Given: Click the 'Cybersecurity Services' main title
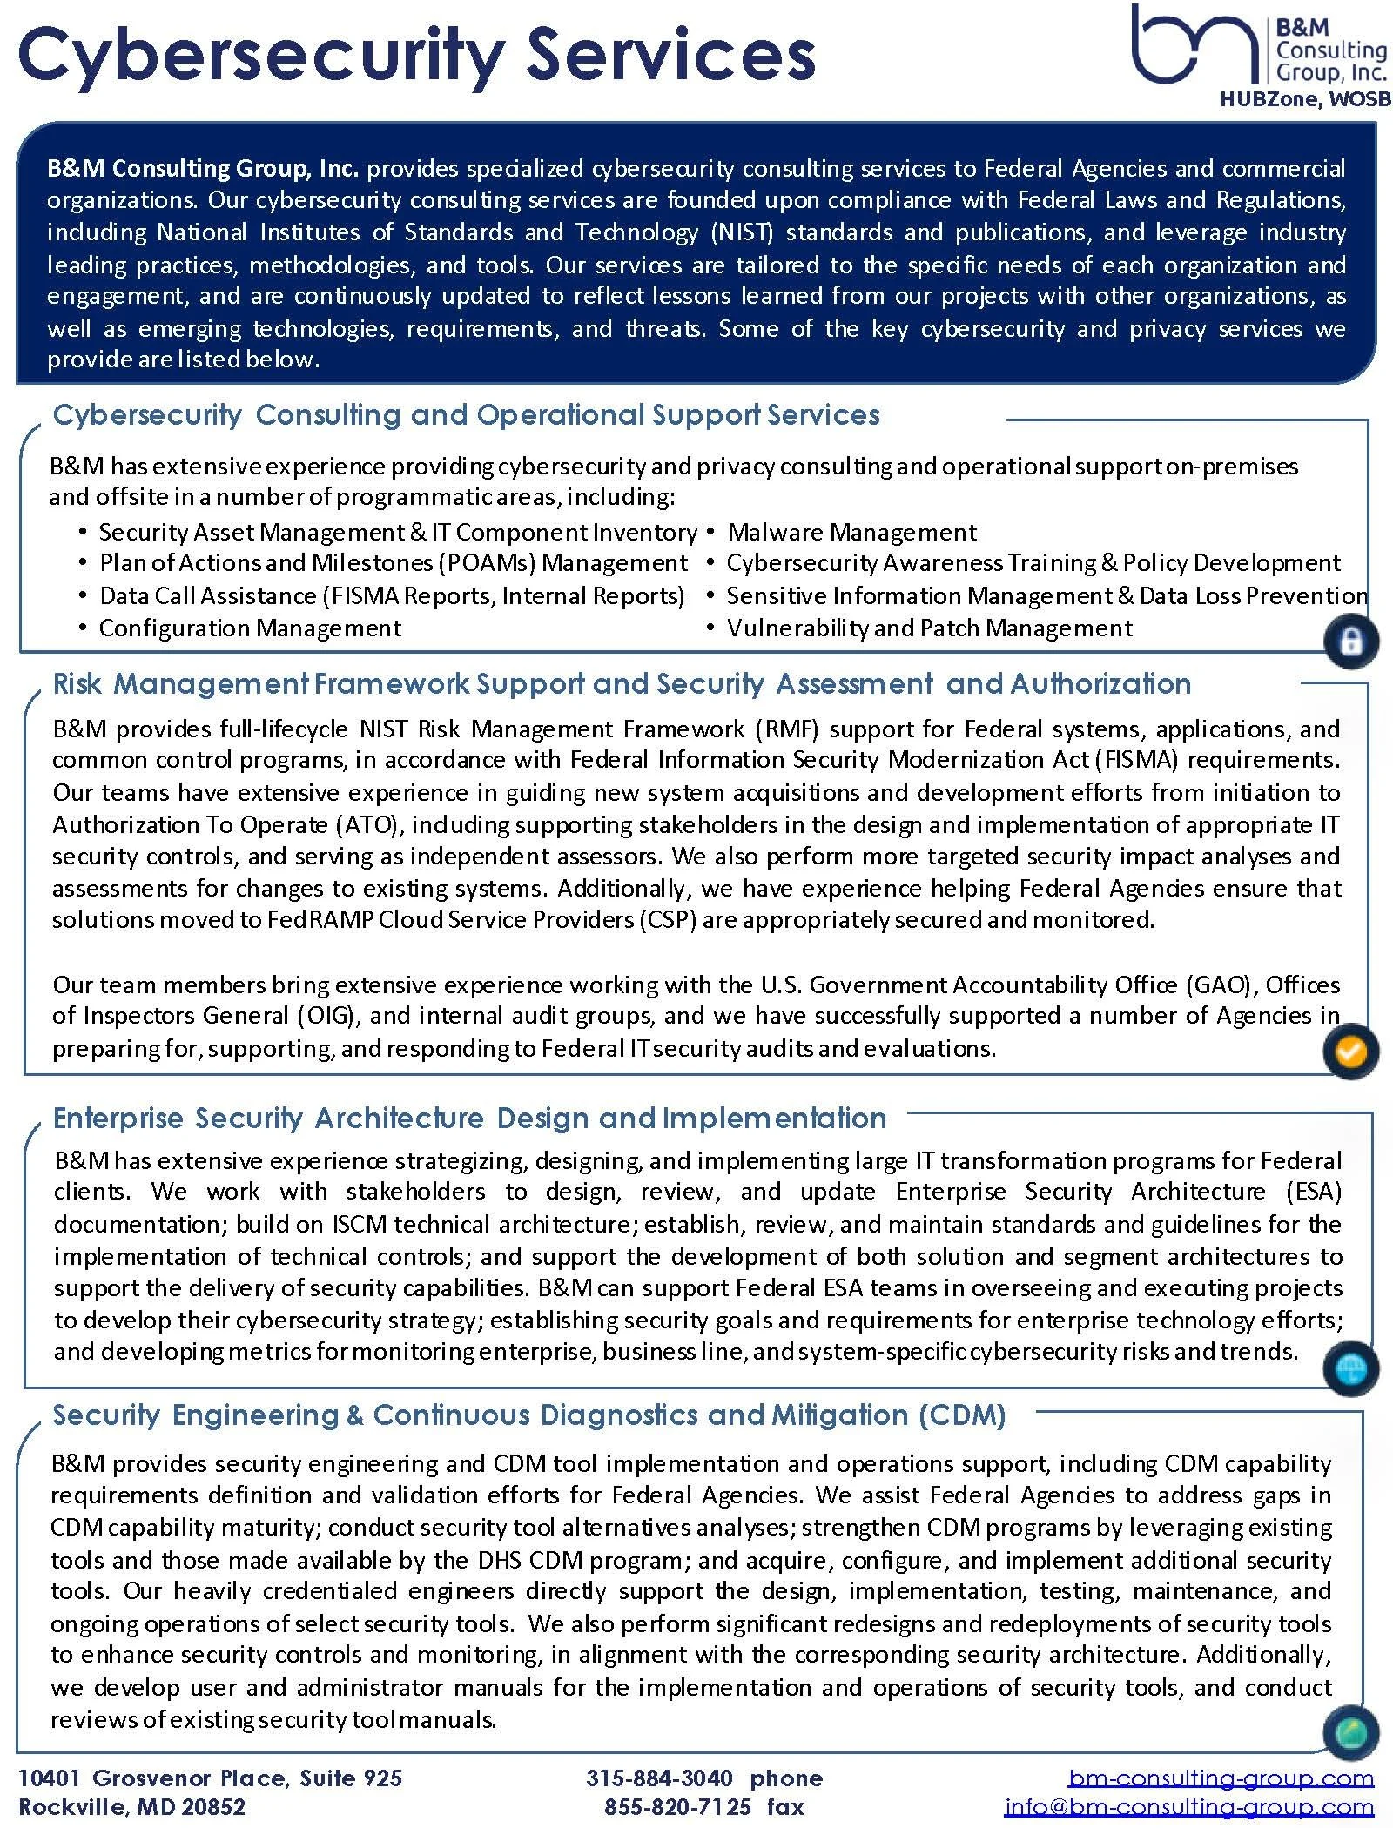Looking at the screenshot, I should pyautogui.click(x=416, y=54).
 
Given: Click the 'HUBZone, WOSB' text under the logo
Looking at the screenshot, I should pyautogui.click(x=1304, y=99).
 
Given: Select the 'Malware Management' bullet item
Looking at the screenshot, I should pyautogui.click(x=851, y=532).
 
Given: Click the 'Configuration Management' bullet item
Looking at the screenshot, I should pyautogui.click(x=250, y=628).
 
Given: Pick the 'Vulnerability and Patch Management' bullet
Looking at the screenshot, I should pyautogui.click(x=929, y=628).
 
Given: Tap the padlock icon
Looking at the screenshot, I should pyautogui.click(x=1350, y=642).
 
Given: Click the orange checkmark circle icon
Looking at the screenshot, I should pyautogui.click(x=1350, y=1052).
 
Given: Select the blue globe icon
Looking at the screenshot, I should pyautogui.click(x=1350, y=1369).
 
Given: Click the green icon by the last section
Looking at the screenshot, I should pyautogui.click(x=1350, y=1733).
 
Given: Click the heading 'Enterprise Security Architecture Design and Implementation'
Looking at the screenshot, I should pyautogui.click(x=469, y=1118).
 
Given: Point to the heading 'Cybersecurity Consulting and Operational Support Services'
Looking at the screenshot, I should pyautogui.click(x=466, y=415).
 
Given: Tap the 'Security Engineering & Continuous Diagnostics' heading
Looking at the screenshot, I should pyautogui.click(x=528, y=1415).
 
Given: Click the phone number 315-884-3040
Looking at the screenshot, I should pyautogui.click(x=659, y=1778).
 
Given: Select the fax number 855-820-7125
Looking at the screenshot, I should pyautogui.click(x=677, y=1807).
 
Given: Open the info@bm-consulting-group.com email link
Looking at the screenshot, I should pyautogui.click(x=1188, y=1808).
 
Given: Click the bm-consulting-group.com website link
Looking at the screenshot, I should pyautogui.click(x=1221, y=1778).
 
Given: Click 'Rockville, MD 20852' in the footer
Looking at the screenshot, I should pyautogui.click(x=132, y=1807).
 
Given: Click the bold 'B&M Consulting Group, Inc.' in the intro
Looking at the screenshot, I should pyautogui.click(x=202, y=168).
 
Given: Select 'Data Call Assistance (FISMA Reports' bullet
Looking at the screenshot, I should pyautogui.click(x=392, y=595).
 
